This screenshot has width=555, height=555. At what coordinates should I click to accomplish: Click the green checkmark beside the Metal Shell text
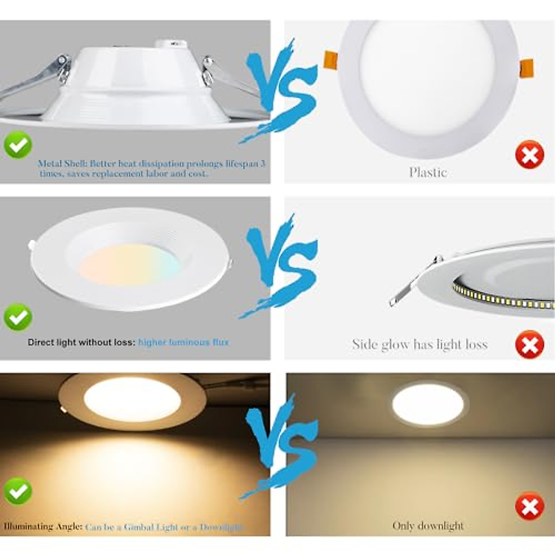click(x=18, y=145)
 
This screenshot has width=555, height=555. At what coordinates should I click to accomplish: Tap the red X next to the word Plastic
click(x=530, y=154)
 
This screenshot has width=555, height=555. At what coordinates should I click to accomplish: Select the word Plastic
click(x=428, y=173)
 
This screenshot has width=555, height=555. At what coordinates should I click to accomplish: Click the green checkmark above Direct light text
click(x=18, y=317)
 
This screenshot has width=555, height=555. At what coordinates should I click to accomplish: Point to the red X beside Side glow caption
click(x=530, y=345)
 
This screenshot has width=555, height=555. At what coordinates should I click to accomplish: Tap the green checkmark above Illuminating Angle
click(x=18, y=492)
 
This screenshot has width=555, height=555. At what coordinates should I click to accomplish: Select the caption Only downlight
click(x=428, y=526)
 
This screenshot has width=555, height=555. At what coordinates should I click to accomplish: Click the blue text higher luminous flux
click(x=184, y=342)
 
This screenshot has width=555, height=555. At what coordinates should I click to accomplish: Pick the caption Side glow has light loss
click(x=419, y=344)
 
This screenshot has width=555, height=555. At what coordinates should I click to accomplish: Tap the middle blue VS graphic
click(x=280, y=266)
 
